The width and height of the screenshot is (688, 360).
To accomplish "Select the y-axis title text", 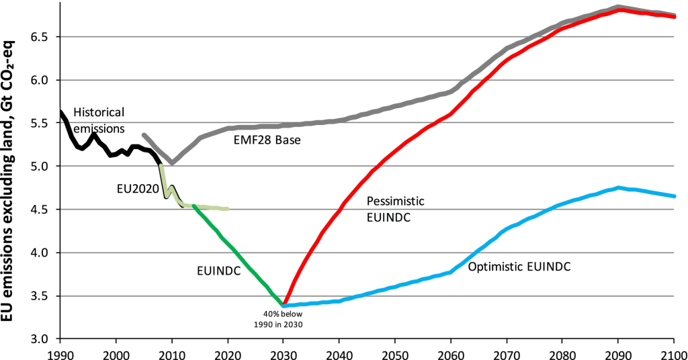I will point(12,180).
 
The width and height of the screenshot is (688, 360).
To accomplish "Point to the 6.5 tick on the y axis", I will point(41,37).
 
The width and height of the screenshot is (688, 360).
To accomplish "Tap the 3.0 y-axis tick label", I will point(41,339).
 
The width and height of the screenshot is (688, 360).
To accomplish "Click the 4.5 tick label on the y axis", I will point(41,210).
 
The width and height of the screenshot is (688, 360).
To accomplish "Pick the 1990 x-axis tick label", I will point(60,352).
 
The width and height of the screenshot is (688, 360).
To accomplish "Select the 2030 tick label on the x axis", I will point(284,352).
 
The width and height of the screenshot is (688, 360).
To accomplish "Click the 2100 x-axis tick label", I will point(673,352).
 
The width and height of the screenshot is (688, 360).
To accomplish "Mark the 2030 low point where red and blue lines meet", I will point(284,306).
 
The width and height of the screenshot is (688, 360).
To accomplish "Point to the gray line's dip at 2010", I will point(172,163).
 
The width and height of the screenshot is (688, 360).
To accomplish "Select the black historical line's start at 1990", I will point(61,111).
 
